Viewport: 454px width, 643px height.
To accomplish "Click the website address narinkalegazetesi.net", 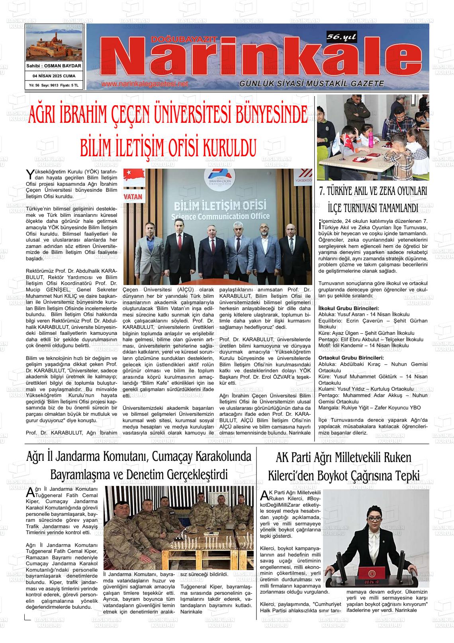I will pyautogui.click(x=144, y=84).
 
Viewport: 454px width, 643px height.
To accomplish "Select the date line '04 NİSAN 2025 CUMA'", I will pyautogui.click(x=53, y=76).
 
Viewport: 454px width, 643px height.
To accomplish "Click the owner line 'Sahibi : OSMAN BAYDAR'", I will pyautogui.click(x=53, y=66).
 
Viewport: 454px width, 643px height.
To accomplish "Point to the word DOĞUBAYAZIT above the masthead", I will pyautogui.click(x=184, y=39).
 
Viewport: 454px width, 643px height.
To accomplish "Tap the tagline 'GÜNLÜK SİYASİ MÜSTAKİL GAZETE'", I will pyautogui.click(x=311, y=84).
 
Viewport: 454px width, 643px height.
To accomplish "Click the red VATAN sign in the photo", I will pyautogui.click(x=133, y=197).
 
